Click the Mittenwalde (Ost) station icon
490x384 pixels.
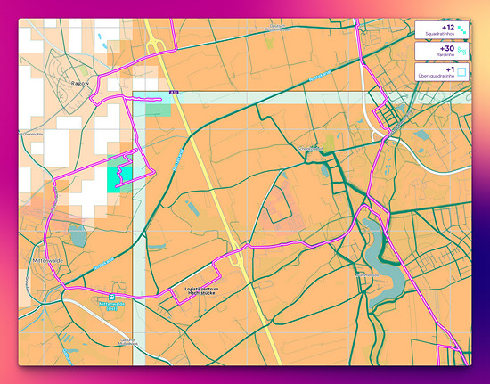(112, 298)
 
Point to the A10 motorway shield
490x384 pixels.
(173, 91)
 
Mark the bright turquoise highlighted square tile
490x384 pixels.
(119, 177)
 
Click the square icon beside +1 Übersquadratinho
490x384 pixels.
(461, 72)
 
